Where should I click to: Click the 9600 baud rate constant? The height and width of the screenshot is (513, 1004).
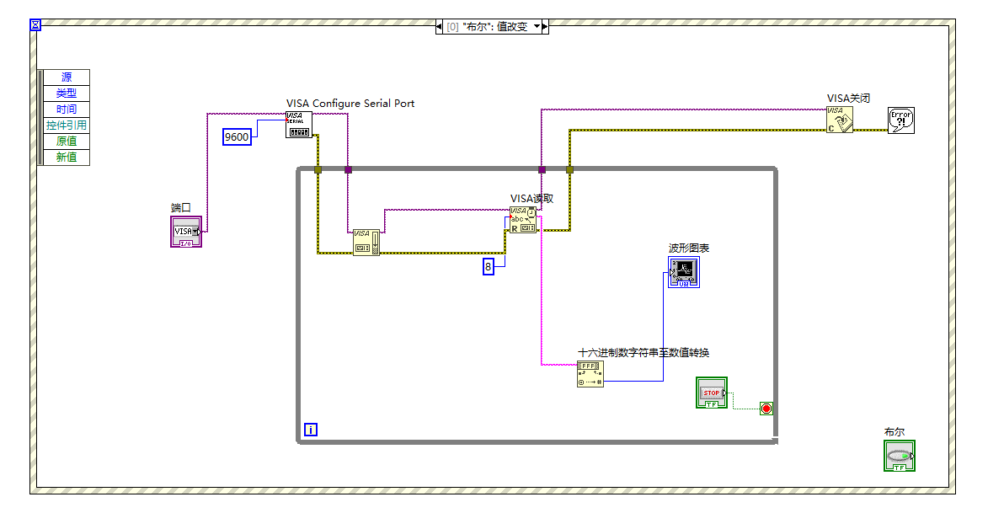pos(237,136)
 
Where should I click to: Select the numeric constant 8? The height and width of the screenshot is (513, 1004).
pos(488,267)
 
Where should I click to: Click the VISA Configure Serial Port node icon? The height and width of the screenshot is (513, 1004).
pos(298,125)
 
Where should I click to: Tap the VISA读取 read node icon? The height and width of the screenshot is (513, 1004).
pos(522,220)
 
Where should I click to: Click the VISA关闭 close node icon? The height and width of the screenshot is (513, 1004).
pos(839,119)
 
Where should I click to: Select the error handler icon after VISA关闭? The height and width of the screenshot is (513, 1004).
pos(900,120)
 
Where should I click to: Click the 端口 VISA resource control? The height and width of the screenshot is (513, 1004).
pos(186,232)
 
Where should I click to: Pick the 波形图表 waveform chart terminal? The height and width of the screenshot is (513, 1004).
pos(683,273)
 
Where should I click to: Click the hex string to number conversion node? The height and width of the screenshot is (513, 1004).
pos(590,374)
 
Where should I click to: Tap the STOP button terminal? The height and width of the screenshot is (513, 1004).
pos(711,393)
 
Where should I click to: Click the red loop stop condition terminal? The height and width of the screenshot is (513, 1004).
pos(766,409)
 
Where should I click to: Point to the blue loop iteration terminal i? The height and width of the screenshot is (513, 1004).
pos(311,430)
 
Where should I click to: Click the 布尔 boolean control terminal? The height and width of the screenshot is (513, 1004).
pos(899,456)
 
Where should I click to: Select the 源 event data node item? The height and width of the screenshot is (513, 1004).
pos(67,77)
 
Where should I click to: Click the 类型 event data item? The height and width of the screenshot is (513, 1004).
pos(67,94)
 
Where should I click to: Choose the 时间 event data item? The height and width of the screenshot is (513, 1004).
pos(67,110)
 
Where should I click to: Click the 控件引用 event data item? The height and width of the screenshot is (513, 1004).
pos(67,126)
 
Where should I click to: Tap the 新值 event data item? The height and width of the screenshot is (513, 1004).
pos(67,158)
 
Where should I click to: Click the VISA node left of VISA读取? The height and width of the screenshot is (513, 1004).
pos(366,242)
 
